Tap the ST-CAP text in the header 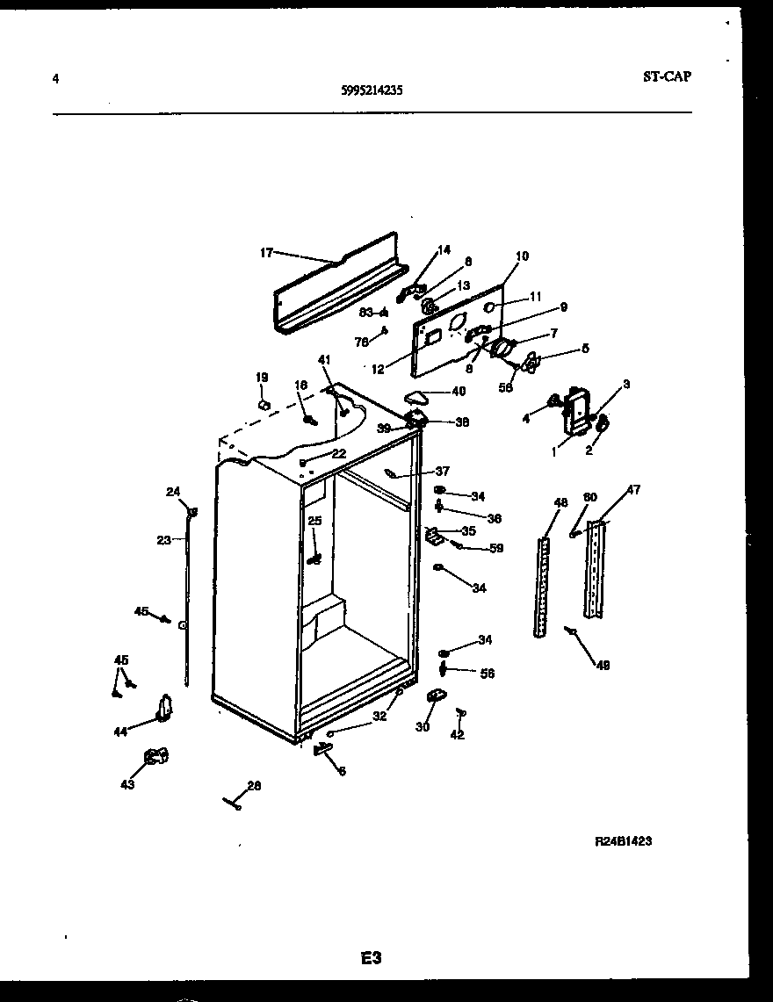point(666,76)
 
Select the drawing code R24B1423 point(623,841)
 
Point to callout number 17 point(266,253)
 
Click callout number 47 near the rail point(632,490)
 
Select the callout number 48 point(560,503)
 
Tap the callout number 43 point(127,785)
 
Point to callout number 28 point(254,786)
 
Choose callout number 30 point(423,727)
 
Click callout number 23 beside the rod point(163,540)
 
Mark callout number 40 point(459,392)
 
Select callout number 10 point(522,256)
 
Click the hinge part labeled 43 point(156,755)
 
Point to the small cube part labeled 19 point(263,404)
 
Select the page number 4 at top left point(56,78)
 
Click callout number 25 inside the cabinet point(314,521)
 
